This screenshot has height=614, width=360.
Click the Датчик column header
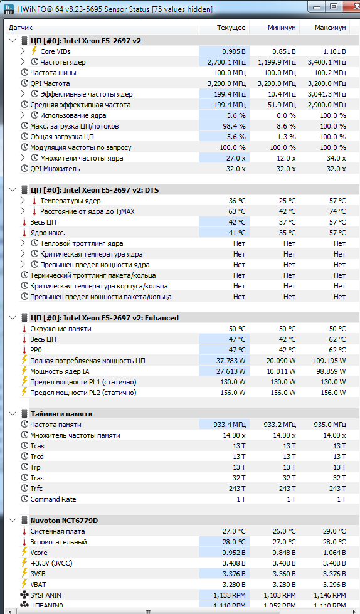(x=20, y=28)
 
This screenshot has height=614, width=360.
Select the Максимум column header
(x=331, y=28)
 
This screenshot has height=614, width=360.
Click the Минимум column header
(x=282, y=28)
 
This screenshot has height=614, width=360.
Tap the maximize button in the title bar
(x=334, y=7)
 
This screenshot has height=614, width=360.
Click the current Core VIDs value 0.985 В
(x=234, y=51)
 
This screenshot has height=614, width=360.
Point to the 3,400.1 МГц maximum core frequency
(x=327, y=62)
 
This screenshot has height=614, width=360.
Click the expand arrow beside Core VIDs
(x=23, y=51)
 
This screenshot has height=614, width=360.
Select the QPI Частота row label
(x=50, y=83)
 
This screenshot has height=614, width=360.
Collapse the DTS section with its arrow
(x=12, y=190)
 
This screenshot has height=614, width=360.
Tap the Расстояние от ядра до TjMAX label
(x=87, y=211)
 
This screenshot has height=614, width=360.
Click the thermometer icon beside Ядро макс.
(x=24, y=233)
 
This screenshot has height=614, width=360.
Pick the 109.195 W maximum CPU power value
(x=331, y=361)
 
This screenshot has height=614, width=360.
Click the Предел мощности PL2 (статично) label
(x=83, y=393)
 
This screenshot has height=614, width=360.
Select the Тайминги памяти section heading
(x=61, y=414)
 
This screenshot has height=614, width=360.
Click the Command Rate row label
(x=53, y=499)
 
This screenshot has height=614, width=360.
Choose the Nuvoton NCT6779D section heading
(x=64, y=521)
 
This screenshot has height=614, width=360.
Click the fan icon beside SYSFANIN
(x=24, y=595)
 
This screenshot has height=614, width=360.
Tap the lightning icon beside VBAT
(x=24, y=585)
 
